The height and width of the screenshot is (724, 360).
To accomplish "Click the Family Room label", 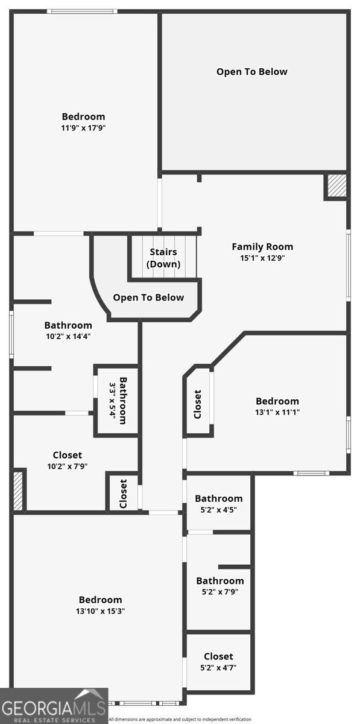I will (x=262, y=246).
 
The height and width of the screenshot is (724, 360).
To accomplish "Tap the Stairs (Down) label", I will (x=163, y=258).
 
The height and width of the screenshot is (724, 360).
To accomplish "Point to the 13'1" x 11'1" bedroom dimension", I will (x=277, y=412).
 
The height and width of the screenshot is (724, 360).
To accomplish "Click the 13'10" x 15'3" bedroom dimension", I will (x=100, y=611).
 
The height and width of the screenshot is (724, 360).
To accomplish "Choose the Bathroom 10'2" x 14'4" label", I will (x=68, y=325).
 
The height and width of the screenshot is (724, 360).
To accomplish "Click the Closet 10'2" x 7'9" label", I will (x=67, y=455).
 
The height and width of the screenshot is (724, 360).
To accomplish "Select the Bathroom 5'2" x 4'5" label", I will (x=218, y=498).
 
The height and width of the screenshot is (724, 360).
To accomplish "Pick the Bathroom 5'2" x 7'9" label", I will (x=219, y=580).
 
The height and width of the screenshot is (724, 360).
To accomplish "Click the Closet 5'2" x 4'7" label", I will (x=218, y=656).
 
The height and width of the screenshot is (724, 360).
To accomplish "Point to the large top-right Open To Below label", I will (x=252, y=71).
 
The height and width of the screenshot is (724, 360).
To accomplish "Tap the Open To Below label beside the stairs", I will (x=148, y=297).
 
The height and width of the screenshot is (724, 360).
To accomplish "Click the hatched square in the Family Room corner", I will (x=336, y=186).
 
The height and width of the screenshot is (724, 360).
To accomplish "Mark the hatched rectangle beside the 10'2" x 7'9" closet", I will (x=18, y=491).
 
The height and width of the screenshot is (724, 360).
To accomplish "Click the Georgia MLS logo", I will (x=54, y=705).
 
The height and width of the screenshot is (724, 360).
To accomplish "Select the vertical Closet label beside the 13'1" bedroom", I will (x=197, y=404).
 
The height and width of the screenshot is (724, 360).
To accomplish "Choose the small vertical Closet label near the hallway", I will (x=124, y=493).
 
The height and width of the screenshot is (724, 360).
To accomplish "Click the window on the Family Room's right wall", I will (x=348, y=263).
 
